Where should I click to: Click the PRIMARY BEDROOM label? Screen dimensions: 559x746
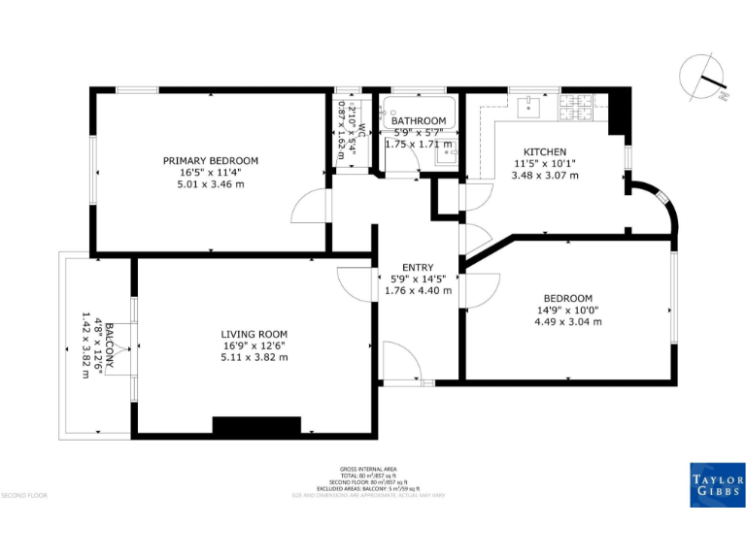[210, 160]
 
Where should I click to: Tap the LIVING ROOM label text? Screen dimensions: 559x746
[254, 334]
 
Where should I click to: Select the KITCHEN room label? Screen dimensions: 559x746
[543, 152]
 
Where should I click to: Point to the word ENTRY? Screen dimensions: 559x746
[418, 268]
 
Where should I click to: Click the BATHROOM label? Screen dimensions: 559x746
[419, 121]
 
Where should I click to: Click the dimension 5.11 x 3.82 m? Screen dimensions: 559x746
[254, 357]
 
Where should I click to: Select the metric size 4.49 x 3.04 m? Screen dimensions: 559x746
[568, 321]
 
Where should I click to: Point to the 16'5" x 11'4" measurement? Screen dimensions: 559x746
[210, 172]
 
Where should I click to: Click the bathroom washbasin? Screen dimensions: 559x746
[448, 150]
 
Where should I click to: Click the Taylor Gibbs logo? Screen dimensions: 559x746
[717, 484]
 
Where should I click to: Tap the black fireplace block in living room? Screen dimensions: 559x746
[256, 427]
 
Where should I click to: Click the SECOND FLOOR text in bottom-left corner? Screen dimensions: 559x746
[25, 496]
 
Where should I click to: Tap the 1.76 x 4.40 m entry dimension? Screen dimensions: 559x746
[418, 290]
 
